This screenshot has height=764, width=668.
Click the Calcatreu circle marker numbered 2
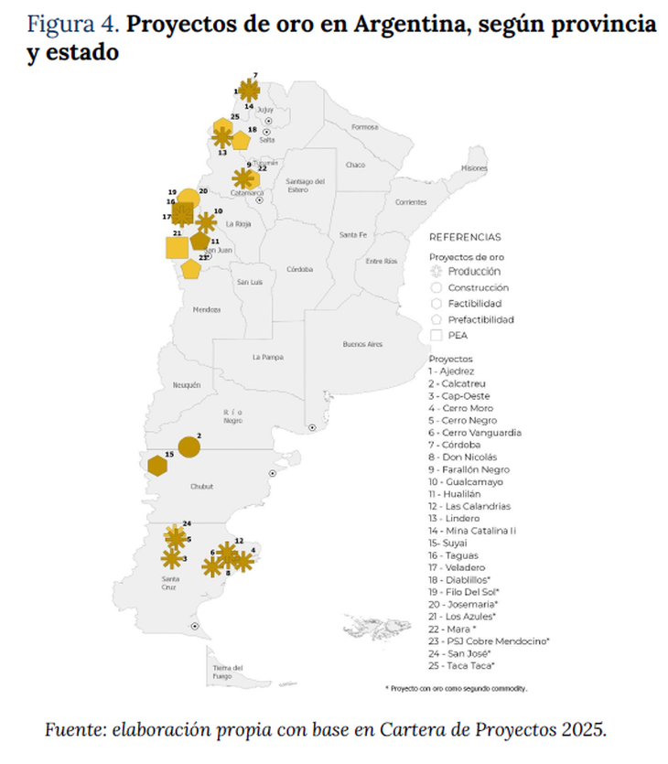(x=189, y=447)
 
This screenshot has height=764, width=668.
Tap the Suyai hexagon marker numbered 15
(x=157, y=466)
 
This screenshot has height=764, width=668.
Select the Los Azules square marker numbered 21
(x=177, y=247)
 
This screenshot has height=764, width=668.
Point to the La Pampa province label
(x=268, y=357)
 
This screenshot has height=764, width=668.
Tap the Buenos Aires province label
(x=361, y=344)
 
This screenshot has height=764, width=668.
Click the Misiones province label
(x=474, y=169)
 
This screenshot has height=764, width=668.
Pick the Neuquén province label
(x=187, y=385)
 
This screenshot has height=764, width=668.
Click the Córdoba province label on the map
(x=299, y=269)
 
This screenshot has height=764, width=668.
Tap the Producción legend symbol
(x=436, y=272)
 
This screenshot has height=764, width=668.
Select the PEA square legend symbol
(x=436, y=336)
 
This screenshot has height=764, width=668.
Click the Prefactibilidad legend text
(x=480, y=319)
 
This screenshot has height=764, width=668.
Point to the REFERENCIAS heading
(x=465, y=236)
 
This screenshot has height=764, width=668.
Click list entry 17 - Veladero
(x=458, y=567)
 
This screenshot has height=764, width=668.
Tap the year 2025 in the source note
(x=580, y=730)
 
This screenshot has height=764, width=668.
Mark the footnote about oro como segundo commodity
(x=457, y=688)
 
